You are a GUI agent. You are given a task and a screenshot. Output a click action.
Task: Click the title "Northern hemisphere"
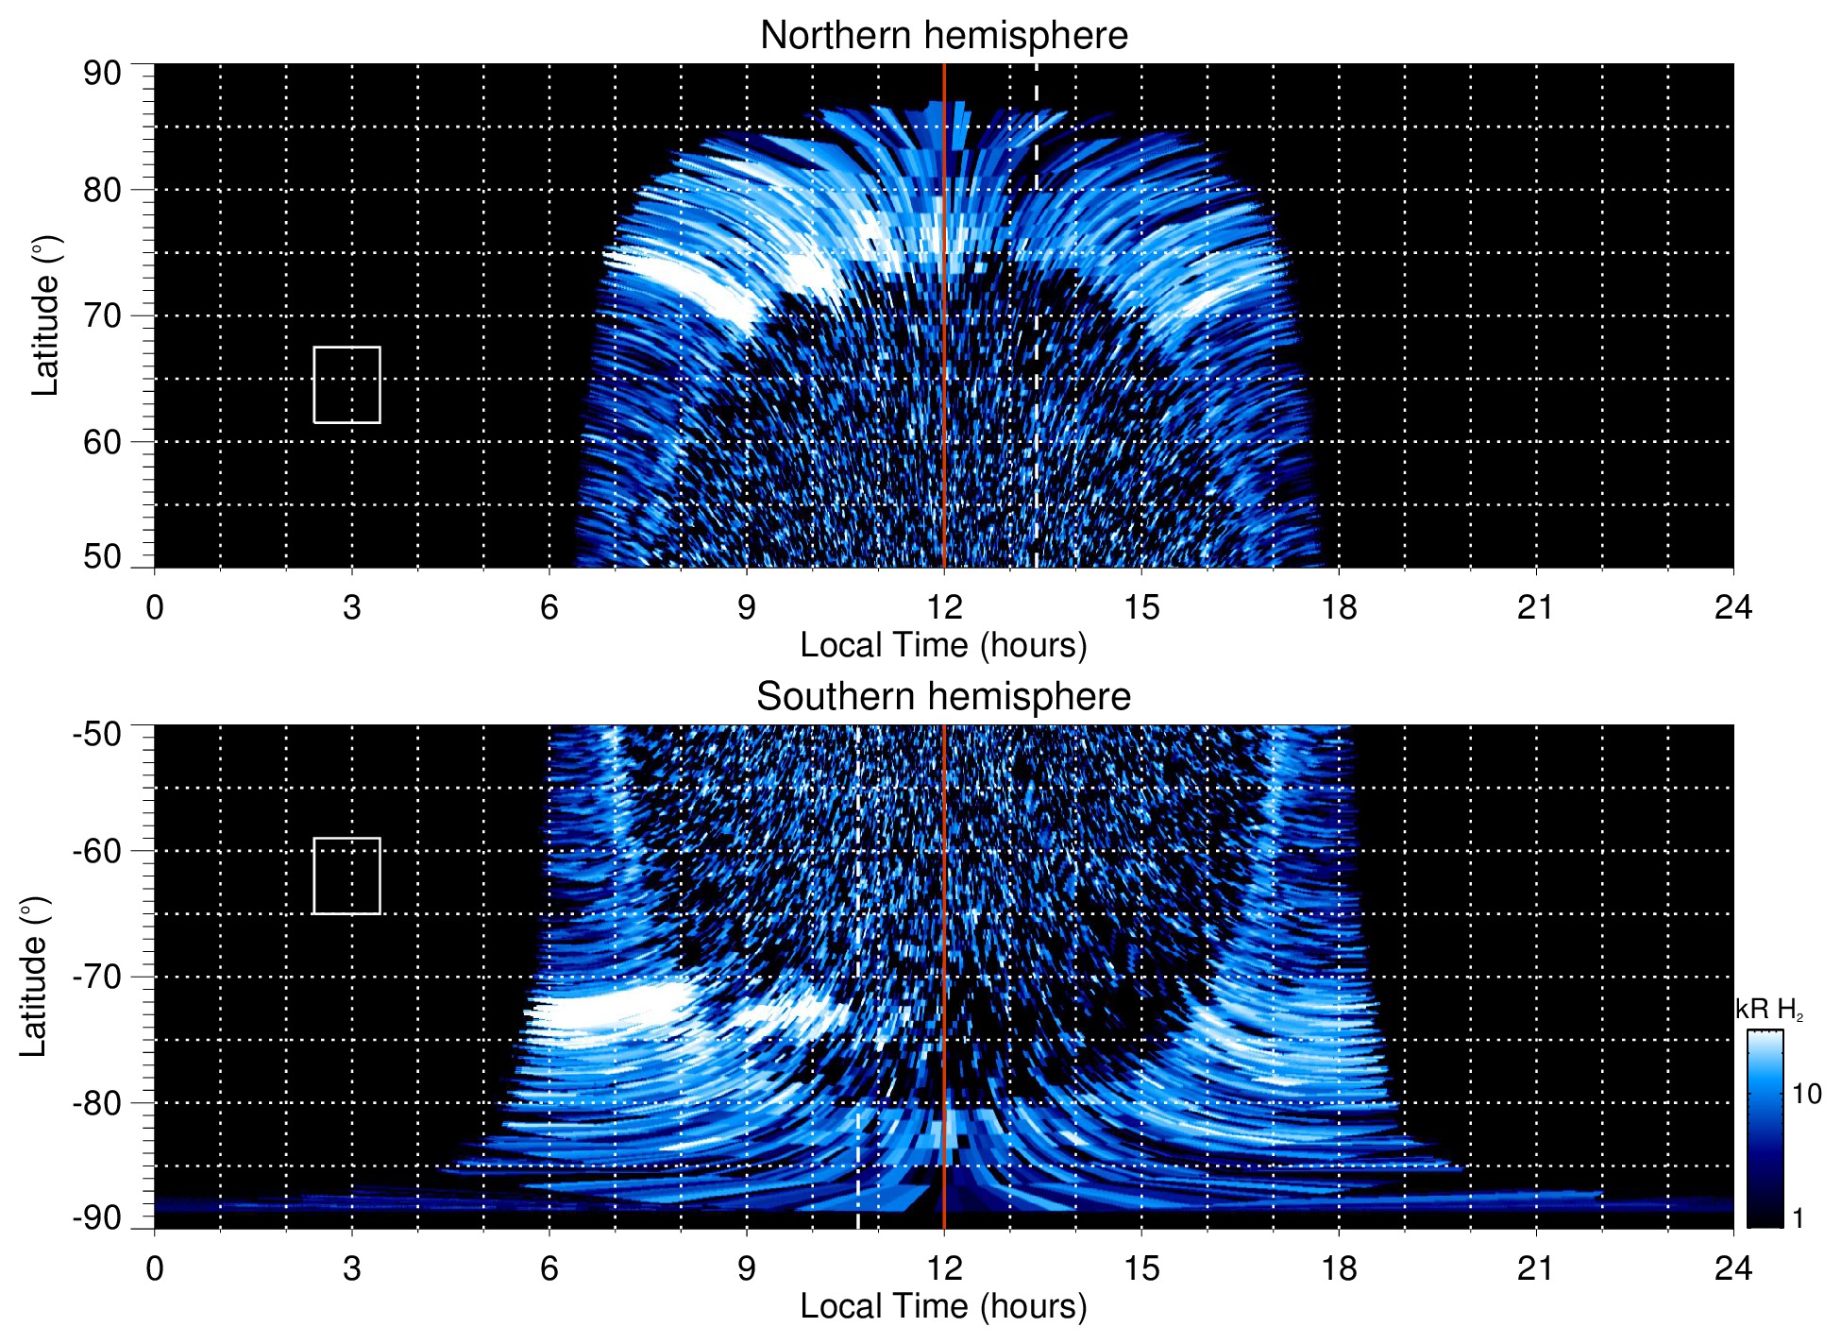pos(943,36)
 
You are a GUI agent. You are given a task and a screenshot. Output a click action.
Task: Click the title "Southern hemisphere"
pos(943,697)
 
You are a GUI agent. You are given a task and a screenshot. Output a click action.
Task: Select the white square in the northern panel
pos(346,384)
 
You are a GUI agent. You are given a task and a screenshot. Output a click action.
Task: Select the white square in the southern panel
pos(346,876)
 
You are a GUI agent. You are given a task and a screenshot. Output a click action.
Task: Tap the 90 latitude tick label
pos(102,74)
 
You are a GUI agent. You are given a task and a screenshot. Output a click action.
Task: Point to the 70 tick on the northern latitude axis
pos(102,315)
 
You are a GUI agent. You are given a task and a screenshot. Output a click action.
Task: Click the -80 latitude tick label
pos(97,1102)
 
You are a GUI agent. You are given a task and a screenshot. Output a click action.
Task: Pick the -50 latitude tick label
pos(97,734)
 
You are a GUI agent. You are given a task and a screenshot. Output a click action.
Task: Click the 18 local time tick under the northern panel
pos(1338,607)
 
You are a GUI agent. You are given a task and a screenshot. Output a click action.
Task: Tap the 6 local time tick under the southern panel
pos(549,1268)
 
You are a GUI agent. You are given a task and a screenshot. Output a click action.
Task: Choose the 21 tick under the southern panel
pos(1535,1268)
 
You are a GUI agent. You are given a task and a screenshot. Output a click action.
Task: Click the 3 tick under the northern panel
pos(351,607)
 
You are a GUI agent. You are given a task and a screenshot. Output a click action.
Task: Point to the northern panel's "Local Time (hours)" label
pos(943,645)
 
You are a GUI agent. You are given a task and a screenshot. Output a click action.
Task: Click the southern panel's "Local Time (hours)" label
pos(943,1306)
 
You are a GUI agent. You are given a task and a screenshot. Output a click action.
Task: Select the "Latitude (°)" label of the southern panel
pos(34,977)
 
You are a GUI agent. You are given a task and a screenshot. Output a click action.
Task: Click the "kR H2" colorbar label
pos(1768,1010)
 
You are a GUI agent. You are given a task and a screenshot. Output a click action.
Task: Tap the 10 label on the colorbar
pos(1806,1094)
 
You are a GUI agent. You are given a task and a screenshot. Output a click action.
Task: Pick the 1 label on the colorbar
pos(1798,1218)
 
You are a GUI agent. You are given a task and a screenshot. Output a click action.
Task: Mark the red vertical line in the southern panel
pos(944,944)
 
